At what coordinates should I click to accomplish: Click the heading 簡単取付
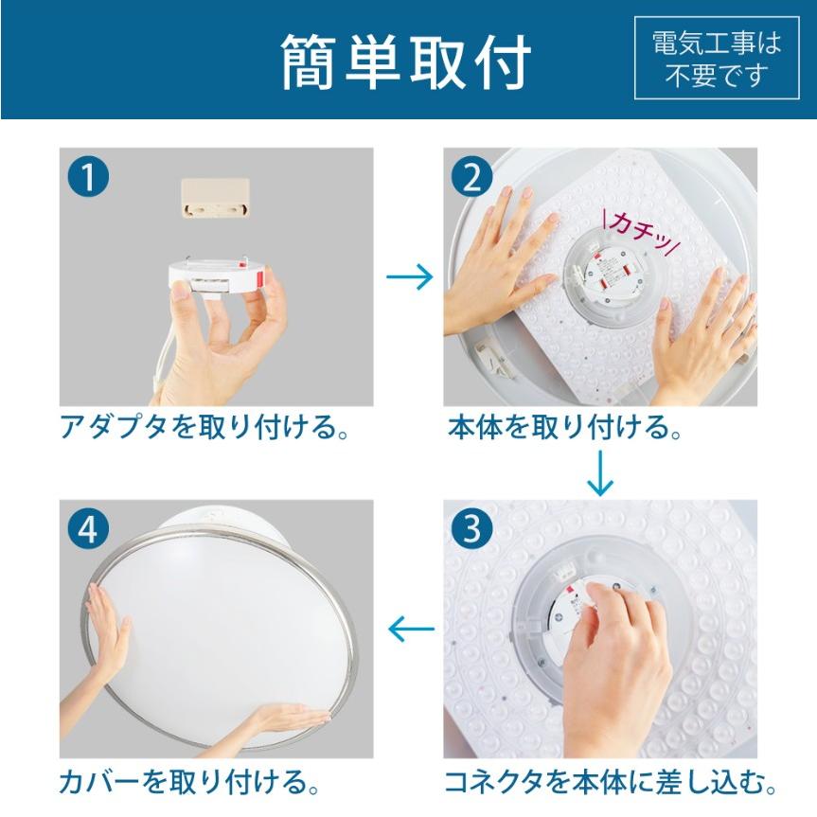406,62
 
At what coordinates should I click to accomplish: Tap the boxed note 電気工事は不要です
717,58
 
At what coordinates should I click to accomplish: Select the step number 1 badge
89,177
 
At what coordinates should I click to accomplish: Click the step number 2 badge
472,177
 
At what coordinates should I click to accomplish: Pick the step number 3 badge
472,529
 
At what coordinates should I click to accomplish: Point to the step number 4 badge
89,529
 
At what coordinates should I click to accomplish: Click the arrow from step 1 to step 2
410,276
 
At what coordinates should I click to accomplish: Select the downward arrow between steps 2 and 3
600,473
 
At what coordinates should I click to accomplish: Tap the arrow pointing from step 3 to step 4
412,629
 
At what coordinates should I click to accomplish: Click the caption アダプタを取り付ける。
204,427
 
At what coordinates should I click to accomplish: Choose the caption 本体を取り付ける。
564,427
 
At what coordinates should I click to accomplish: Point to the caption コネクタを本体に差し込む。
610,782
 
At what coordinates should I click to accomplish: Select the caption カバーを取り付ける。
189,782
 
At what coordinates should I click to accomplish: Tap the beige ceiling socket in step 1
215,198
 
